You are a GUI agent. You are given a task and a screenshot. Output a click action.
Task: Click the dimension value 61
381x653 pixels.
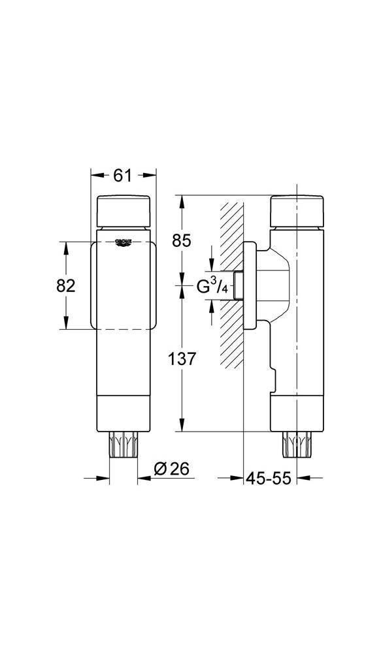pos(123,175)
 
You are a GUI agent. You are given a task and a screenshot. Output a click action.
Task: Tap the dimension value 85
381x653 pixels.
pos(182,240)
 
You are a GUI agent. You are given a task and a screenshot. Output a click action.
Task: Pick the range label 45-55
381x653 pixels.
pos(268,478)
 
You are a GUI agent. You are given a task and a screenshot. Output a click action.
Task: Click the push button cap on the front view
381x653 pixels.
pos(124,210)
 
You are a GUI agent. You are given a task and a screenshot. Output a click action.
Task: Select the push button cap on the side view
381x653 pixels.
pos(297,210)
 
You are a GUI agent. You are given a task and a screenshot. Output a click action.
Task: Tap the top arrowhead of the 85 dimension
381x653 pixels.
pos(181,200)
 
